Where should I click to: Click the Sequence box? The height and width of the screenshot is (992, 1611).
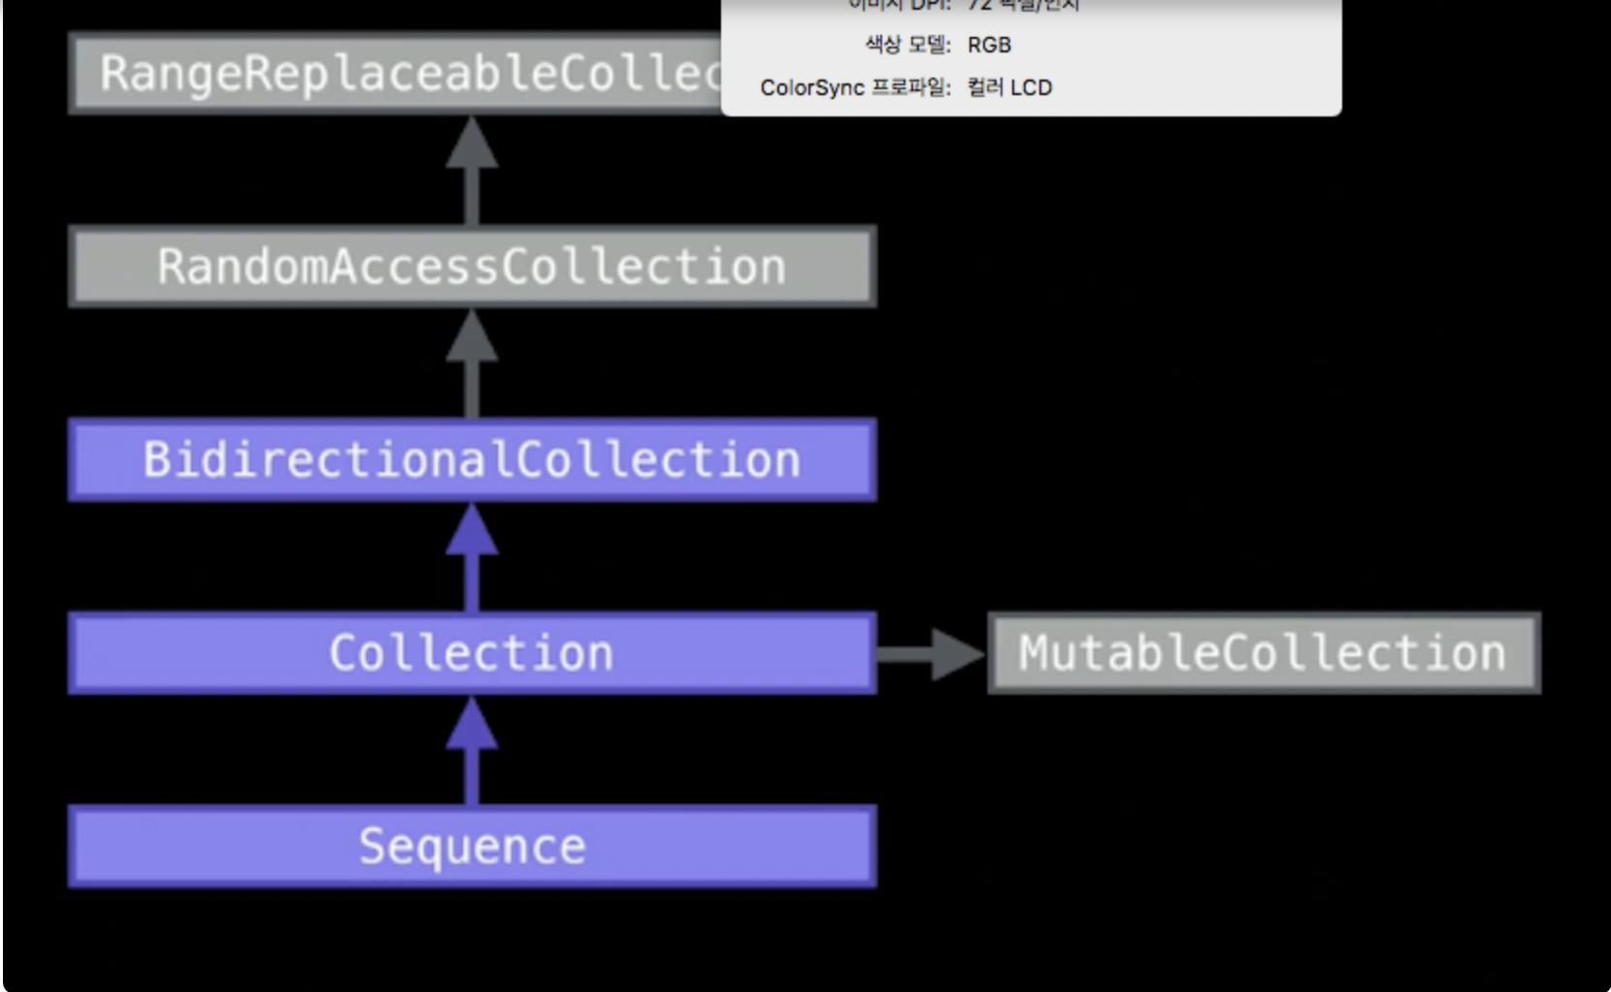(472, 845)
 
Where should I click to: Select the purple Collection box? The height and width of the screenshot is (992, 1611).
(472, 652)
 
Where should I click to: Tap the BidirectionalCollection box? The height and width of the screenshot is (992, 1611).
(472, 459)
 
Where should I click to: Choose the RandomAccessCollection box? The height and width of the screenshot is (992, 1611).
(472, 266)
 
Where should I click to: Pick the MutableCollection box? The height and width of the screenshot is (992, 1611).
(1263, 652)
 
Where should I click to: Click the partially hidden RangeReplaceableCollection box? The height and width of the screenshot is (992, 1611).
(394, 73)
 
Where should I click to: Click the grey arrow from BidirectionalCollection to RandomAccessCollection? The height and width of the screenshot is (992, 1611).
(472, 363)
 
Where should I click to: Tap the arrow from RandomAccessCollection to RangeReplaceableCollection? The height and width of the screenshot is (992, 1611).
(472, 170)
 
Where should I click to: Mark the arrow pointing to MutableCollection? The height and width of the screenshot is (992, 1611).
(931, 653)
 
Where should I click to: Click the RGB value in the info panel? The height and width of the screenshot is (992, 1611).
(989, 45)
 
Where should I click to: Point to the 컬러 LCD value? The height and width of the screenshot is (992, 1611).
(1009, 87)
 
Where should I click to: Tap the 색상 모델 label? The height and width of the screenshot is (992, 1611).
(907, 45)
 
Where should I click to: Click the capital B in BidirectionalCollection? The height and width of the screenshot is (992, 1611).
(156, 459)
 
